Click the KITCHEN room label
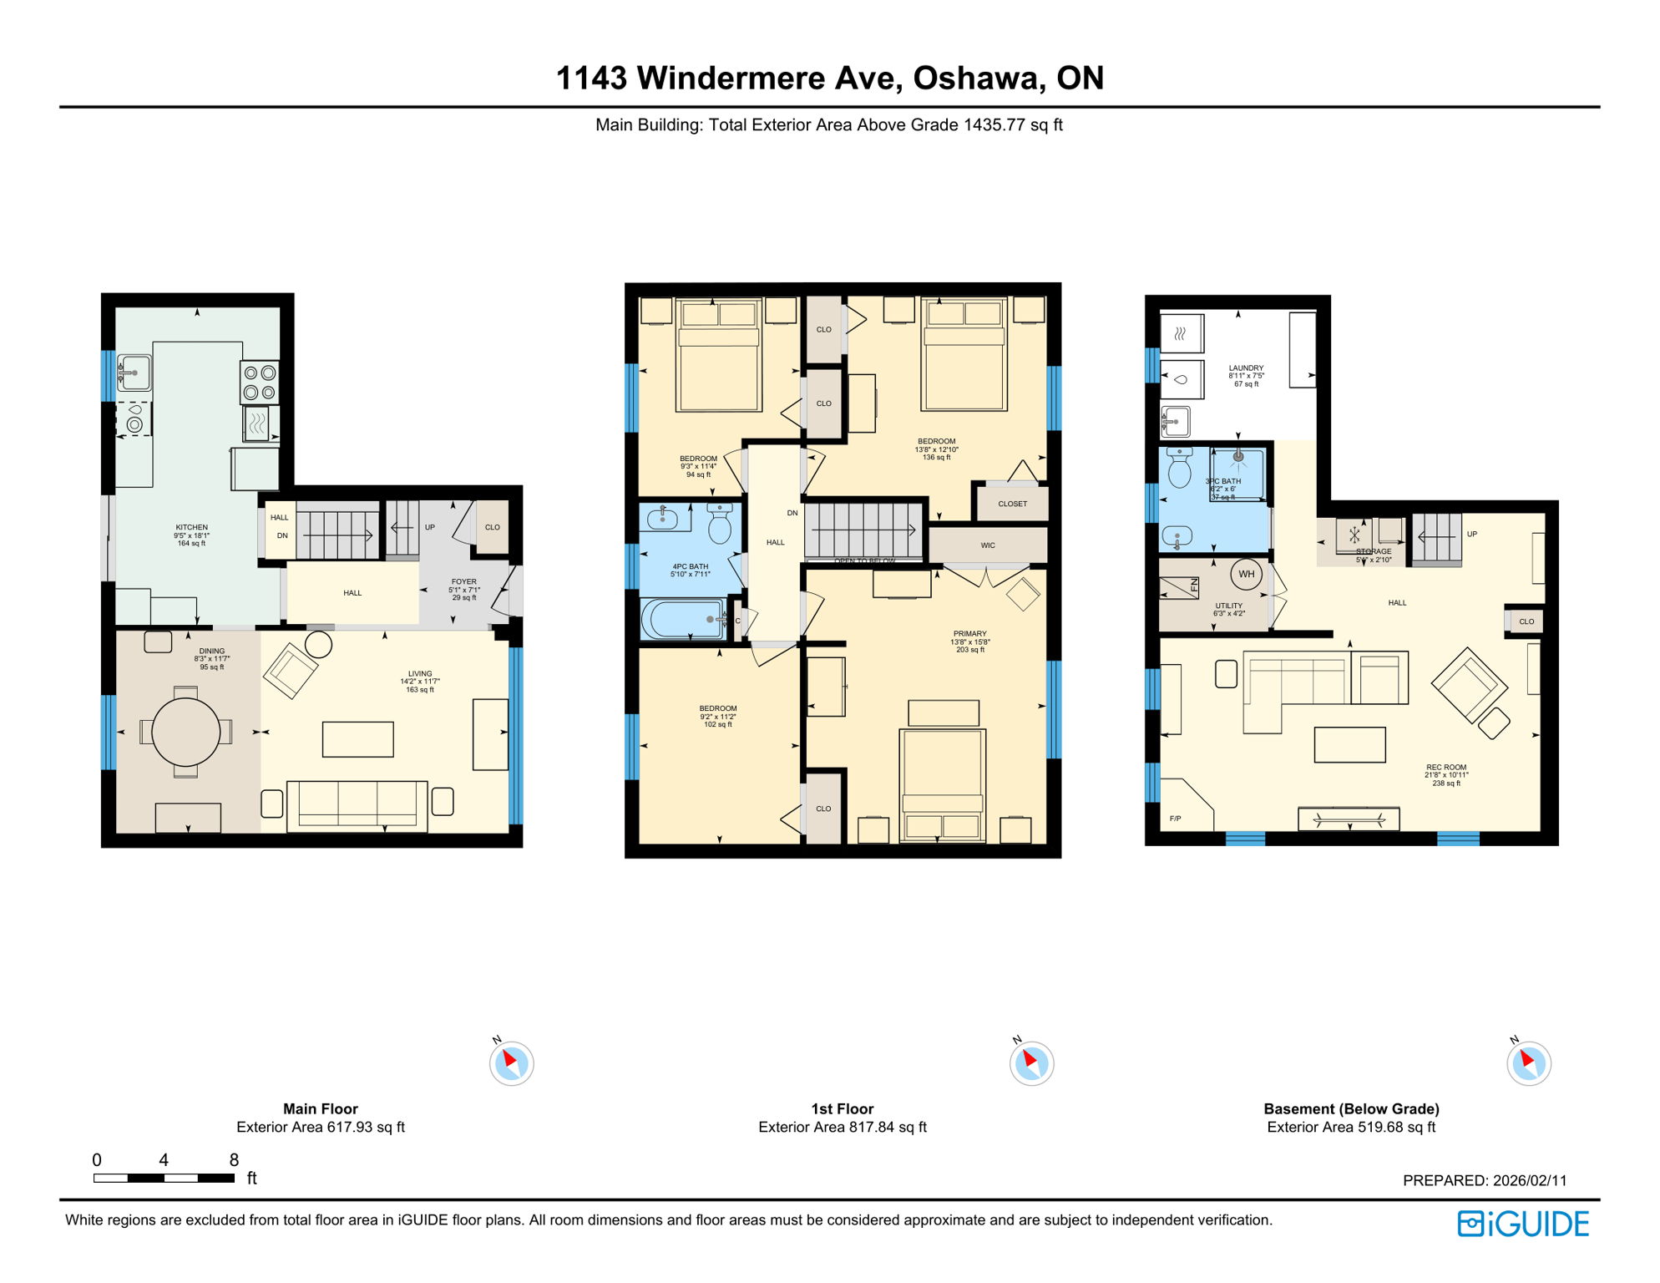pos(192,527)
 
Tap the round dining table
pos(185,732)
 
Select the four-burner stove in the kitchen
pos(259,383)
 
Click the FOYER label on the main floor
pos(464,581)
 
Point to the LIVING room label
pos(420,673)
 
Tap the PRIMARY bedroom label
pos(969,633)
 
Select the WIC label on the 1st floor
pos(988,545)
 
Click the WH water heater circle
pos(1247,574)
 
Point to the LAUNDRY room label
pos(1246,368)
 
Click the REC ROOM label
pos(1446,767)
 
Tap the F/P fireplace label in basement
pos(1176,819)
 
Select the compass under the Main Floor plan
pos(511,1063)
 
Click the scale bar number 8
pos(234,1159)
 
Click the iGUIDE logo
pos(1523,1224)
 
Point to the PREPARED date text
pos(1484,1180)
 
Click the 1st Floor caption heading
pos(842,1108)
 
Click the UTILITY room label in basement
pos(1228,606)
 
